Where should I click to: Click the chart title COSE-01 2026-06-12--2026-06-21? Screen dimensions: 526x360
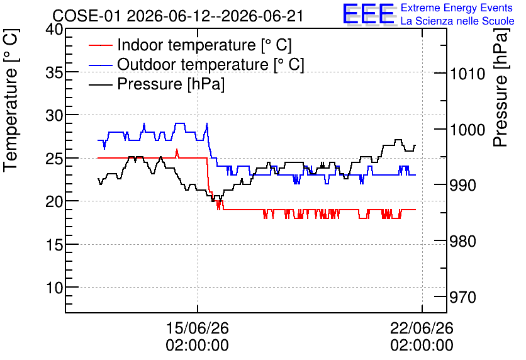(x=178, y=16)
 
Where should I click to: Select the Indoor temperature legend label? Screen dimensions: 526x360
(x=204, y=45)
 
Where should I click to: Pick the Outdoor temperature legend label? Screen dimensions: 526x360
(x=211, y=64)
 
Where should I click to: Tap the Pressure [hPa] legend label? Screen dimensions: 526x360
(x=171, y=84)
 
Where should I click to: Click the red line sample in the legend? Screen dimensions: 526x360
(x=100, y=45)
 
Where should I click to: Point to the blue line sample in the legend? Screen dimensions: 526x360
(x=100, y=65)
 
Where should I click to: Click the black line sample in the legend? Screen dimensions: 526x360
(x=100, y=84)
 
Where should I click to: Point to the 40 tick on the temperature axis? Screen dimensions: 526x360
(x=54, y=30)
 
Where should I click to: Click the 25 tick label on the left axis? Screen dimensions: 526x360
(x=54, y=159)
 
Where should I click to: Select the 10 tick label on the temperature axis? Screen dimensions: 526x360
(x=54, y=288)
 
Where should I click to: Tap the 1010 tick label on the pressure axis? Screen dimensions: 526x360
(x=467, y=74)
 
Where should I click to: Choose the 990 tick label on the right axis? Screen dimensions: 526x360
(x=462, y=185)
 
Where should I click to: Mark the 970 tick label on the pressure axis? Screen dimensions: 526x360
(x=462, y=297)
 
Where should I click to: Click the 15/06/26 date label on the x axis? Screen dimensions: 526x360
(x=198, y=328)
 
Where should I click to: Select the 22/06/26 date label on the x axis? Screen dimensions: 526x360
(x=422, y=328)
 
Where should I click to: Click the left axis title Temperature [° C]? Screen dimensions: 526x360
(x=11, y=100)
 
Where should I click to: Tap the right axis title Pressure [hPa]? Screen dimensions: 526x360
(x=500, y=87)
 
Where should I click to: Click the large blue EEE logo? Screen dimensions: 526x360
(x=369, y=14)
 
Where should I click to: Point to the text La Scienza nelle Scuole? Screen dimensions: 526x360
(x=457, y=21)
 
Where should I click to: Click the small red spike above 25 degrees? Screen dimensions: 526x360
(x=177, y=153)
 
